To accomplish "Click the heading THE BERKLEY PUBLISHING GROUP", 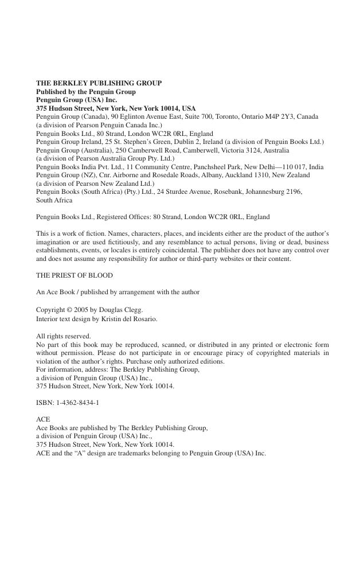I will coord(99,83).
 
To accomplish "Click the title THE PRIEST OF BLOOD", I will coord(75,275).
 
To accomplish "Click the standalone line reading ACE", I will coord(43,419).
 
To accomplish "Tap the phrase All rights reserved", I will coord(64,336).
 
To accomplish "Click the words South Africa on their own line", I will coord(54,200).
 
